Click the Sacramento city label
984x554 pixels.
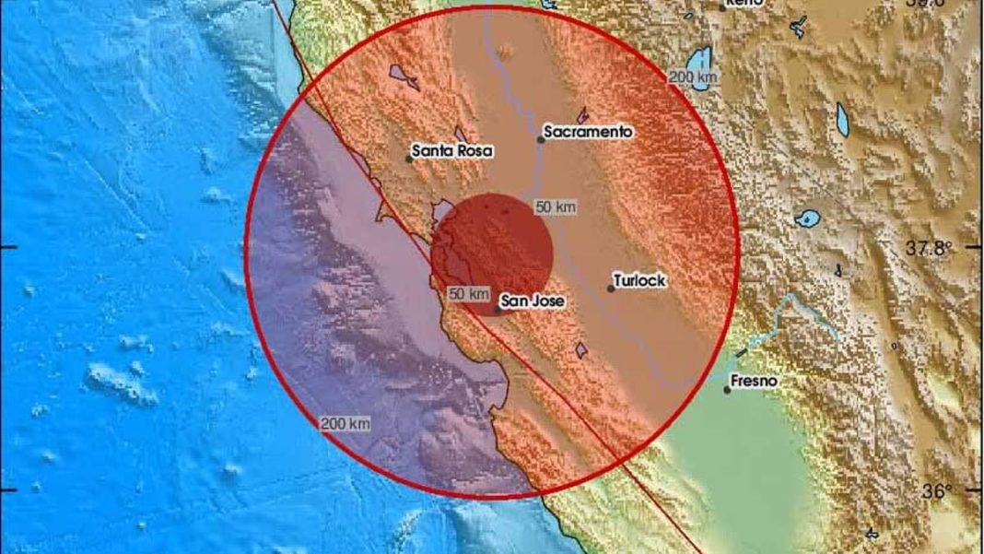point(588,132)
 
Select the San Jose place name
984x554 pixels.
point(533,301)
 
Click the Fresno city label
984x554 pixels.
point(755,381)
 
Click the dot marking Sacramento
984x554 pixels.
point(541,140)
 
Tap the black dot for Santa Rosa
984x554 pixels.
point(409,159)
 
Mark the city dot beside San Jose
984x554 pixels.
point(498,310)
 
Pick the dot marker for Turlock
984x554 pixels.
point(611,289)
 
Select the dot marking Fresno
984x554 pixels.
point(727,390)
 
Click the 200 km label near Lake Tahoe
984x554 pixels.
point(693,78)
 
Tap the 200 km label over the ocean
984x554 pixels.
point(346,424)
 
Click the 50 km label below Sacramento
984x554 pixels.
point(556,207)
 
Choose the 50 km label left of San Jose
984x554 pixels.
point(468,294)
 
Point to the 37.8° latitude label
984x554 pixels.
point(929,248)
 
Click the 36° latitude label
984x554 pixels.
point(937,491)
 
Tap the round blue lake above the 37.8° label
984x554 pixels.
point(809,219)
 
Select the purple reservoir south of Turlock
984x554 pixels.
point(581,350)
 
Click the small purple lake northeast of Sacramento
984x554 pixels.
point(582,115)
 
